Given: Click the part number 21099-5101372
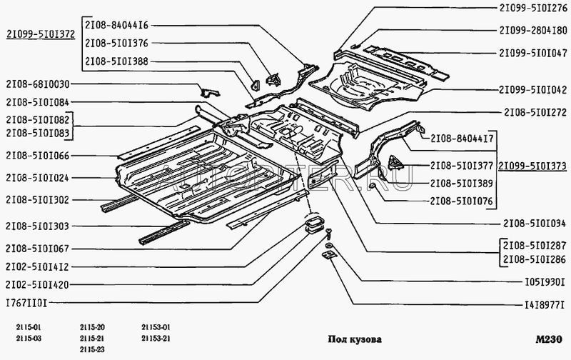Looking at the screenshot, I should pos(41,34).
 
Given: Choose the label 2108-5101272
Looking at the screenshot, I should pos(533,112).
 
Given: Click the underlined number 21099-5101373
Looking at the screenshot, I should pos(532,166).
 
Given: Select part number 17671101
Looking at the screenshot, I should pos(26,303).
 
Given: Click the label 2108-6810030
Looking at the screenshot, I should pos(37,84).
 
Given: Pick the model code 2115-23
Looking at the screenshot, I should pos(93,348).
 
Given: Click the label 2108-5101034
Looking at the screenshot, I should pos(533,222).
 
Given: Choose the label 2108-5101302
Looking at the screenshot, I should pos(37,201).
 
